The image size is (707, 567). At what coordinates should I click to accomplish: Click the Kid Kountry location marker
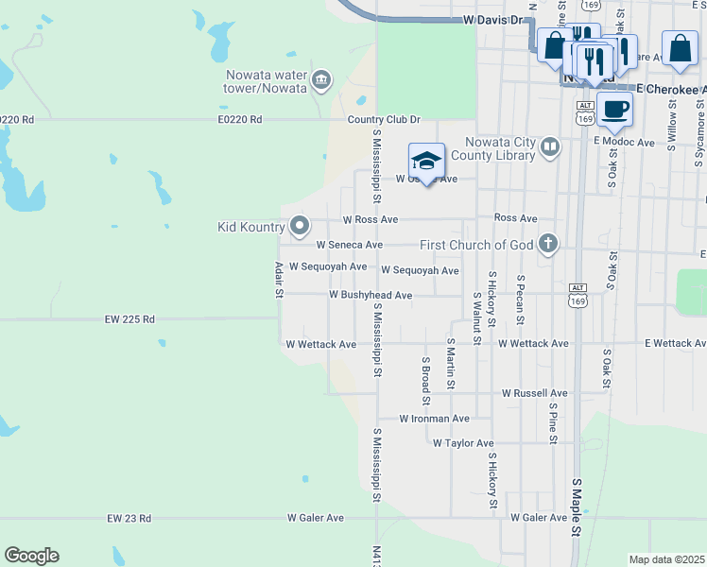(x=300, y=226)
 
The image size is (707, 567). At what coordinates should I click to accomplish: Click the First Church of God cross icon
(x=546, y=245)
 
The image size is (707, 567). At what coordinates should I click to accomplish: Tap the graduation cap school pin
(x=426, y=162)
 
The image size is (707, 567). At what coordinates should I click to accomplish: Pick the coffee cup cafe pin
(x=615, y=109)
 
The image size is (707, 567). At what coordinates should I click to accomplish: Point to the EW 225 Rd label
(x=130, y=319)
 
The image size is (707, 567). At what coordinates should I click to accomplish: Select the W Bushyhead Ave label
(x=371, y=295)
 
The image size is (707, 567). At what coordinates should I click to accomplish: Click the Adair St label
(x=279, y=281)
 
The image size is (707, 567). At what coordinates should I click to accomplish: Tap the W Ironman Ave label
(x=434, y=418)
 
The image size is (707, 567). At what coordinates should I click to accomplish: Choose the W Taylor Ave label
(x=463, y=442)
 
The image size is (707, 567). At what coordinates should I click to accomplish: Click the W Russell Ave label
(x=534, y=392)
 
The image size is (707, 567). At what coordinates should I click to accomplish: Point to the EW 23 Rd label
(x=129, y=518)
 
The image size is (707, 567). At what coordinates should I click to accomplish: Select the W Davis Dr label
(x=493, y=19)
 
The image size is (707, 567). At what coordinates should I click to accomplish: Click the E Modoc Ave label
(x=624, y=142)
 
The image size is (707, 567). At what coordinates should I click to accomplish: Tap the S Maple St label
(x=576, y=508)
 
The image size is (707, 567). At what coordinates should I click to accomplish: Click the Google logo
(x=31, y=556)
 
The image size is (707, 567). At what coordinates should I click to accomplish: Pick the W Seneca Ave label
(x=349, y=244)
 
